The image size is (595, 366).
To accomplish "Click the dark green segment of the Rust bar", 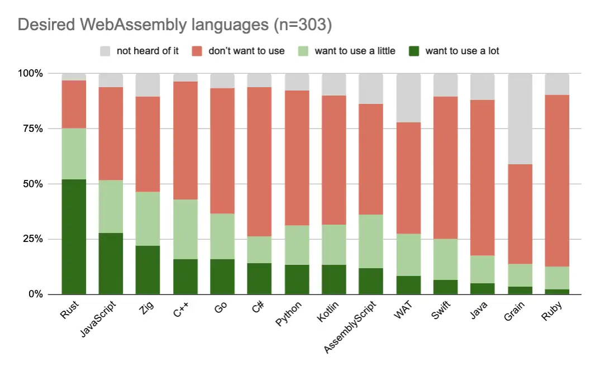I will tap(74, 236).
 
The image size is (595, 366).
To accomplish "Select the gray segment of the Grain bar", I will tap(520, 118).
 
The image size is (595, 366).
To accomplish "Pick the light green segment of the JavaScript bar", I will tap(111, 206).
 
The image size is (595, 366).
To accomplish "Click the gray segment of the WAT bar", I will tap(408, 98).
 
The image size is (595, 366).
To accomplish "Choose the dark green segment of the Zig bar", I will tap(147, 269).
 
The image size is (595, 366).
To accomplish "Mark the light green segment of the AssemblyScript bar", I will tap(371, 241).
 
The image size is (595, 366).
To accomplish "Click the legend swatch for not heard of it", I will tap(106, 51).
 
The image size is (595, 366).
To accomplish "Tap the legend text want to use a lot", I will tap(462, 51).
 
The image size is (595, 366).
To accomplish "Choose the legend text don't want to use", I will tap(246, 51).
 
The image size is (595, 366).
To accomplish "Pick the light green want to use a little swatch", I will tap(304, 51).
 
